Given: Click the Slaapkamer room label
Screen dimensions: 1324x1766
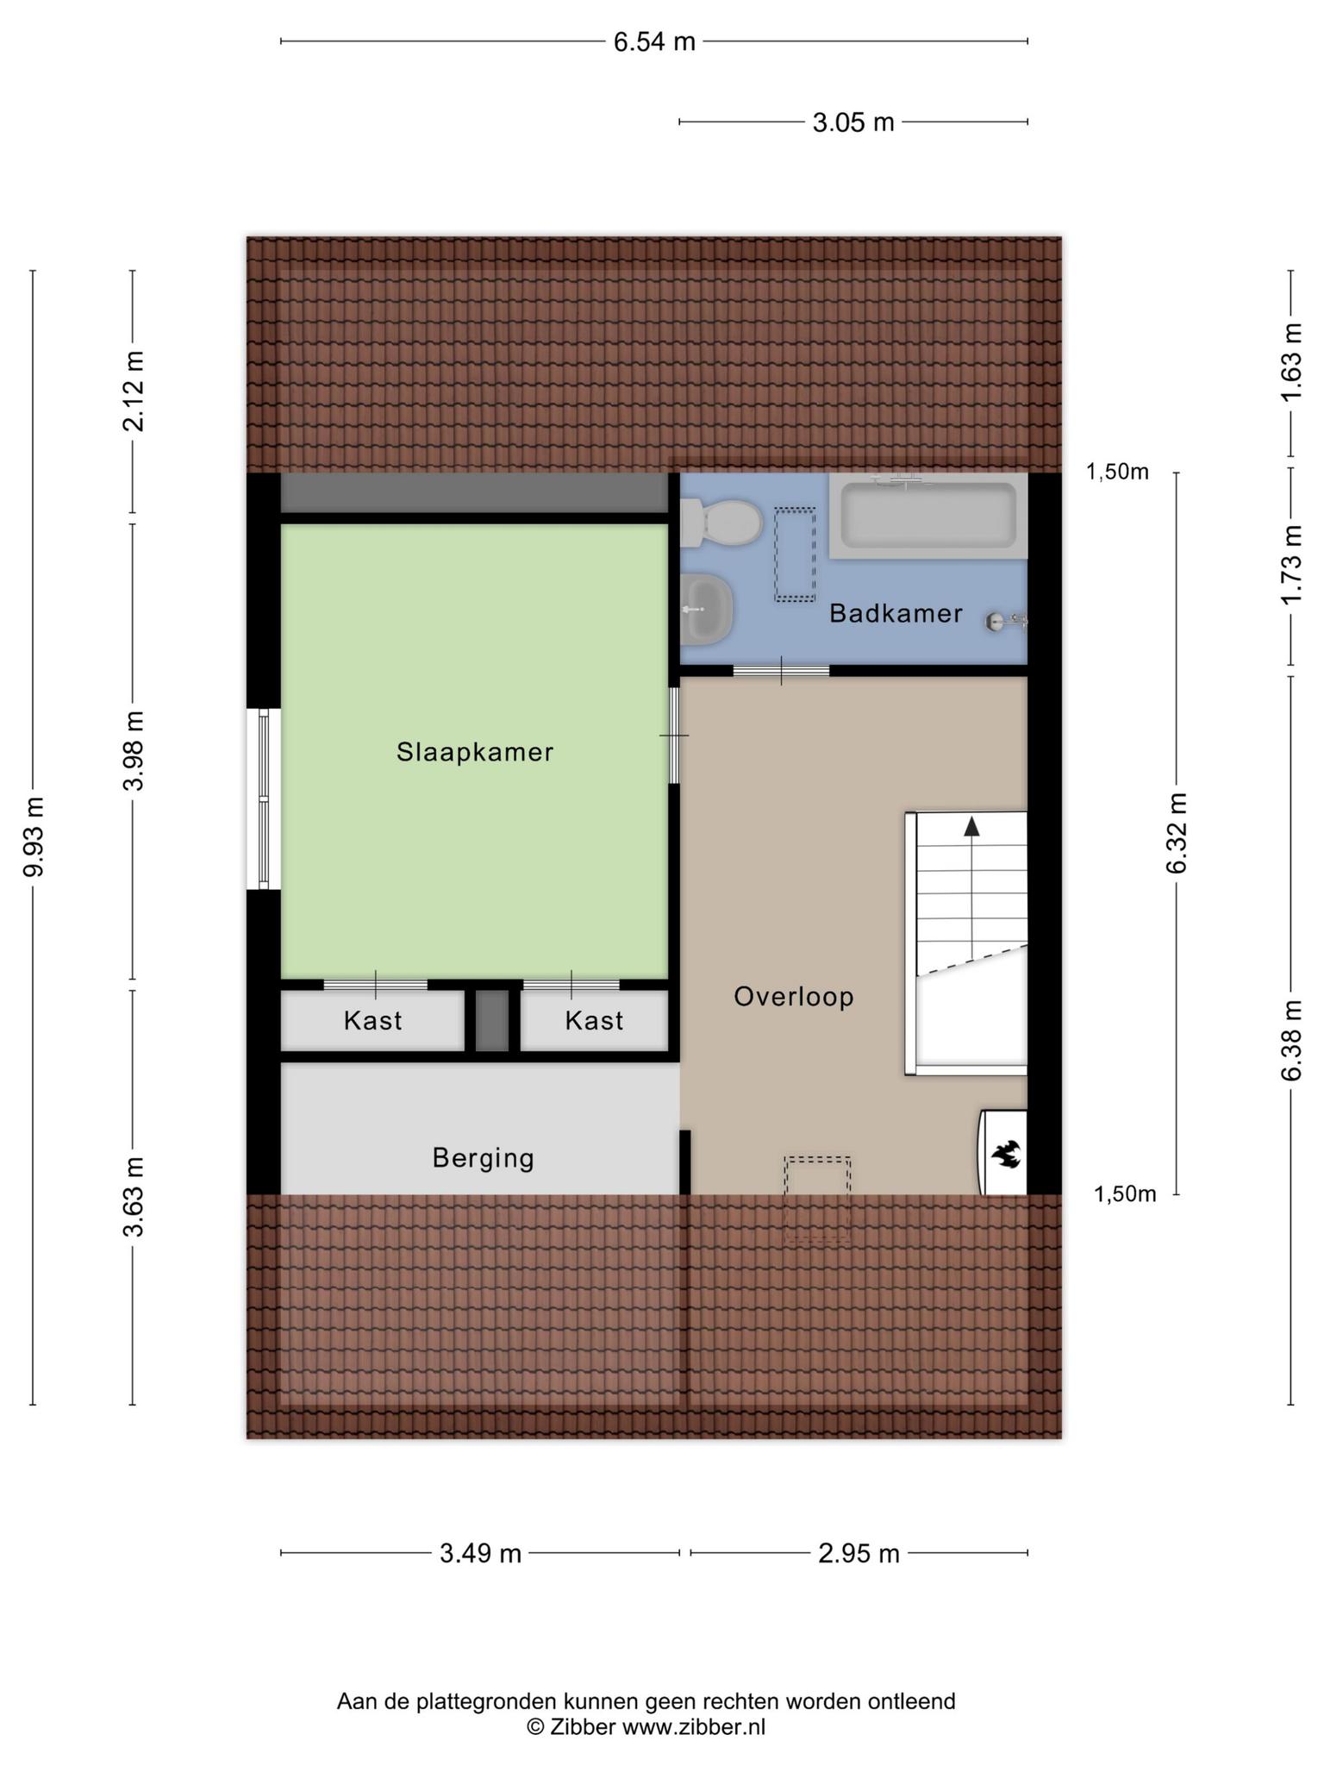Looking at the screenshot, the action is (x=474, y=752).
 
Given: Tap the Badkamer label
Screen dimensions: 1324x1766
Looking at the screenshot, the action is (x=896, y=613).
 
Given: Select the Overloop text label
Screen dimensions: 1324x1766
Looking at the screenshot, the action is (x=794, y=997).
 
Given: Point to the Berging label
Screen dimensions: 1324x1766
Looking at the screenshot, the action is (x=483, y=1158).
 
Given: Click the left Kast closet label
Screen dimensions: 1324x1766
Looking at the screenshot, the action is (x=372, y=1021).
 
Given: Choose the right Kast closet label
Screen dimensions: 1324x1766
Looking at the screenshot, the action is (x=594, y=1021).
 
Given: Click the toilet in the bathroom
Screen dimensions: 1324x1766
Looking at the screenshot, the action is (x=721, y=523).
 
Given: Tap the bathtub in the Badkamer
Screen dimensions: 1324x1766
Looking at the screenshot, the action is (x=928, y=515).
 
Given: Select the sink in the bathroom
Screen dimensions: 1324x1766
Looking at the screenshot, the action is (x=706, y=610).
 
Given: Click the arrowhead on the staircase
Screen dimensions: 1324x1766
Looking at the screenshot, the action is (x=971, y=825).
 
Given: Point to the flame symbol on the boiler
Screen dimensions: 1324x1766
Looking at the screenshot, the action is (x=1006, y=1153).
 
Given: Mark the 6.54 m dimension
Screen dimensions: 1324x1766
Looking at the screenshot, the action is (x=654, y=41).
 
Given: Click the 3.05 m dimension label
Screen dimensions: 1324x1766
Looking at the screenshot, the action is (x=853, y=122).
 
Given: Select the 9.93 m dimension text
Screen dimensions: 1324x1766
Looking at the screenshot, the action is (x=34, y=836).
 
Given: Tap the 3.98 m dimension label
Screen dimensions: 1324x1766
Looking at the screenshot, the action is (x=133, y=750).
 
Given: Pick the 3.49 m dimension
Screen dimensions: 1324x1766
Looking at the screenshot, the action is (x=480, y=1553).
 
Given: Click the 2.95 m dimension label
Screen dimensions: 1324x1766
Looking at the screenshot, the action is (x=859, y=1553).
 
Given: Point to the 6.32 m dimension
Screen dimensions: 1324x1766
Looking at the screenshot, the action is (x=1177, y=833).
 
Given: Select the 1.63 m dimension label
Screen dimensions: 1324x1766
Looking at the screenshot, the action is (x=1290, y=362).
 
